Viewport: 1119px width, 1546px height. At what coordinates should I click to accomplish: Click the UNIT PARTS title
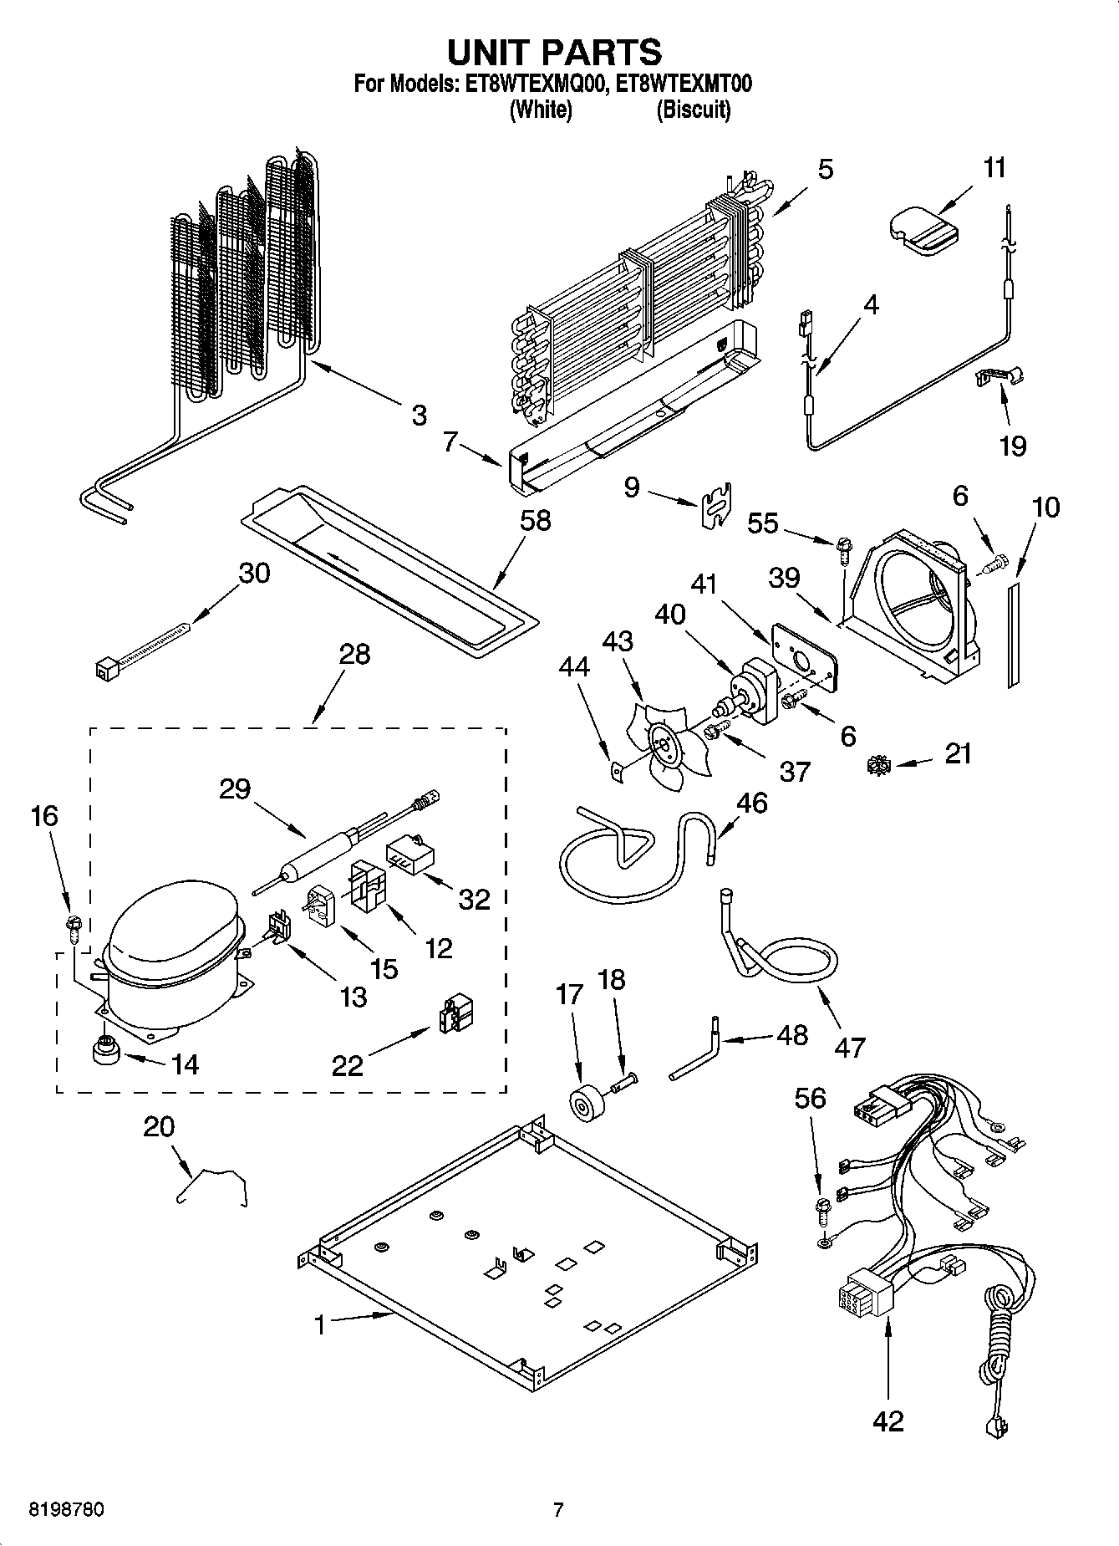[555, 52]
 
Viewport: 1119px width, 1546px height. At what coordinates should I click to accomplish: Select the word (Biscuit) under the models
[693, 110]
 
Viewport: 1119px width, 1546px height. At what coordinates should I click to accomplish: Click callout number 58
[535, 520]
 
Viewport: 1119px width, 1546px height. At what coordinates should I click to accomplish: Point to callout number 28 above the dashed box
[354, 653]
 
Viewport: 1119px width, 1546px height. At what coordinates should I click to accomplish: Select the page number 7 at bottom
[558, 1510]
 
